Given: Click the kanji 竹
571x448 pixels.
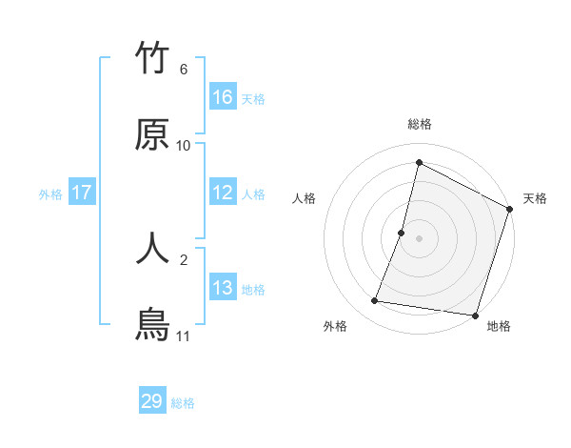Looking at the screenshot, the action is pos(152,59).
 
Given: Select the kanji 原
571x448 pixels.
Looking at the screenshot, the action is pos(152,135).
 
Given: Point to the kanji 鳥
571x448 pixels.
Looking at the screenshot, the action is pos(152,324).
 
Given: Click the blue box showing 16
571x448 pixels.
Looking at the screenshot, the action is pos(223,97).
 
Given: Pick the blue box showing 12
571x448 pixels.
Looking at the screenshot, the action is pos(223,193).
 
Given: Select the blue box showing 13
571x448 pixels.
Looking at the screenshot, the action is pos(223,288).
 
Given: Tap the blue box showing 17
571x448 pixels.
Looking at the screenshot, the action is pos(82,193).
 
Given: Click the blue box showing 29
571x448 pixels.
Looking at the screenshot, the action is pos(152,401).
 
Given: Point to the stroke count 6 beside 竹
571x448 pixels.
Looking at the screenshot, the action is pos(184,70).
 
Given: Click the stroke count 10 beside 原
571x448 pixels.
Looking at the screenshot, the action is pos(184,146).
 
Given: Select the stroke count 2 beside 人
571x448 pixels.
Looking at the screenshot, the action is pos(184,258).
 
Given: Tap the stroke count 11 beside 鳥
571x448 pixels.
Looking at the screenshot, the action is pos(184,336).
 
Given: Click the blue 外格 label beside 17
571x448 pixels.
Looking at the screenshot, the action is pos(50,194).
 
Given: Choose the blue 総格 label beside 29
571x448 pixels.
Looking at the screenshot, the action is pos(183,403).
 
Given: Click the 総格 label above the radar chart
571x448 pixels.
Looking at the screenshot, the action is pos(420,124).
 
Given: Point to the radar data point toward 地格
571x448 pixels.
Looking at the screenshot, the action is pos(475,315).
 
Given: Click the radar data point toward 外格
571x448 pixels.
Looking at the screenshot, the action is pos(375,301).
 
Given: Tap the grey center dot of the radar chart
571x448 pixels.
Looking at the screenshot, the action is pos(420,238).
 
